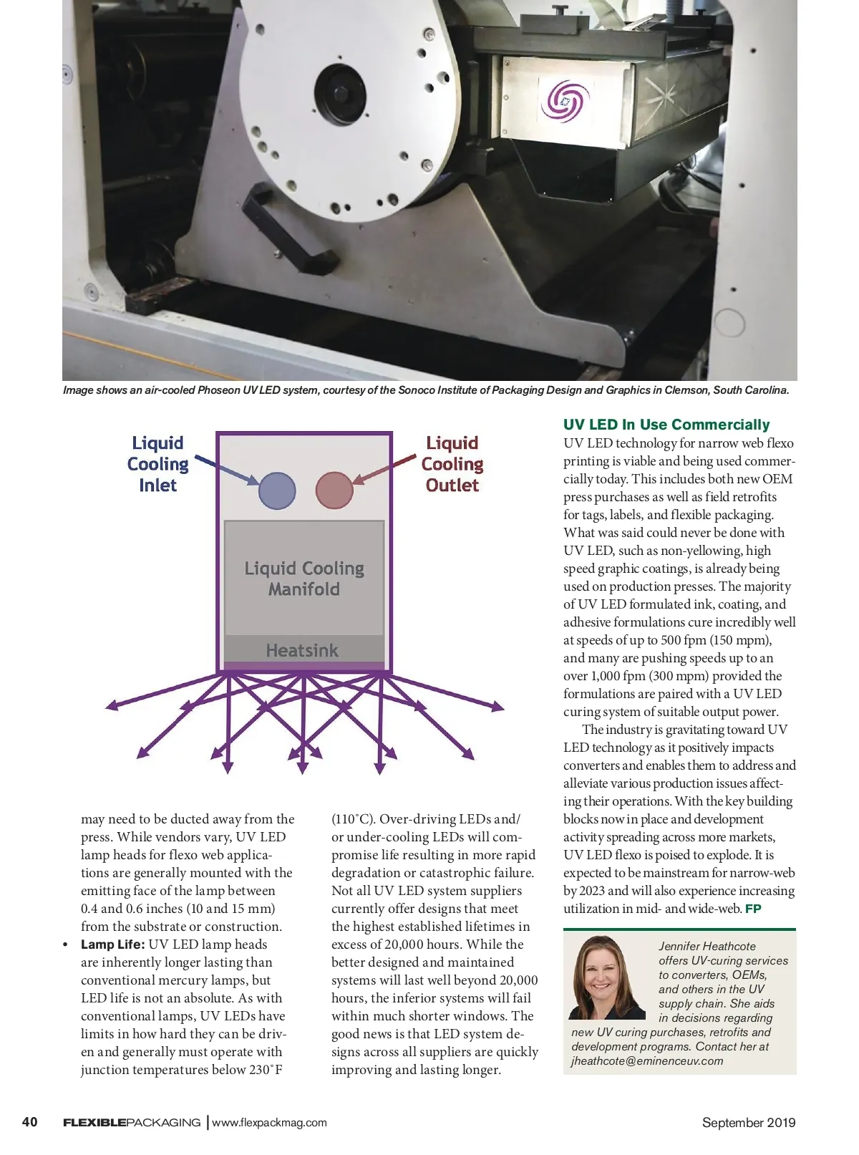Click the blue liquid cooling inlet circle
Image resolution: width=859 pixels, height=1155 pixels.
[x=277, y=490]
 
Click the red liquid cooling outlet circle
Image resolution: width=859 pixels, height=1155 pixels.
[x=334, y=490]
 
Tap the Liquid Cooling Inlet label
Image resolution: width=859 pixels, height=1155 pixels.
[x=157, y=464]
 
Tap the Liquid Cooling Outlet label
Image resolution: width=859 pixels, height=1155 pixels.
[x=452, y=464]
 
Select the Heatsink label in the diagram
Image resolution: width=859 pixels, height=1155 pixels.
[x=302, y=650]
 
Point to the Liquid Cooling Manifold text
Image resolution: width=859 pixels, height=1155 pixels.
[x=304, y=579]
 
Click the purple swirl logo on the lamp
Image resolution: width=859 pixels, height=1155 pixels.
[x=565, y=100]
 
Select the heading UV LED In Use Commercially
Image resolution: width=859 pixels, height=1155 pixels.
[x=666, y=425]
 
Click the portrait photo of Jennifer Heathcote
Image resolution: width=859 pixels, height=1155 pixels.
[x=607, y=977]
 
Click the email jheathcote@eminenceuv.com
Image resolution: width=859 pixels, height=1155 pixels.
[x=647, y=1061]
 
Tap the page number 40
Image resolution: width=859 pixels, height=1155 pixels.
[x=30, y=1122]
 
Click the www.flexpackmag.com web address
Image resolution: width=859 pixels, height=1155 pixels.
[x=269, y=1123]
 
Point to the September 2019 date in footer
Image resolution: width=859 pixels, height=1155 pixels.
[x=748, y=1123]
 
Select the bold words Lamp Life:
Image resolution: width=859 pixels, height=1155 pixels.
[x=113, y=944]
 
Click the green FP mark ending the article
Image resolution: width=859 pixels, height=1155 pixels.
[x=753, y=909]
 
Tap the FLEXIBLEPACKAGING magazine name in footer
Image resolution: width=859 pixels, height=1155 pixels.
[x=132, y=1123]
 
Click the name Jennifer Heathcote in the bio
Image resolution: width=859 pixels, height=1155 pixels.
[x=707, y=947]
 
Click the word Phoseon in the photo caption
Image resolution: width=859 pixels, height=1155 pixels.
[x=218, y=390]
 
